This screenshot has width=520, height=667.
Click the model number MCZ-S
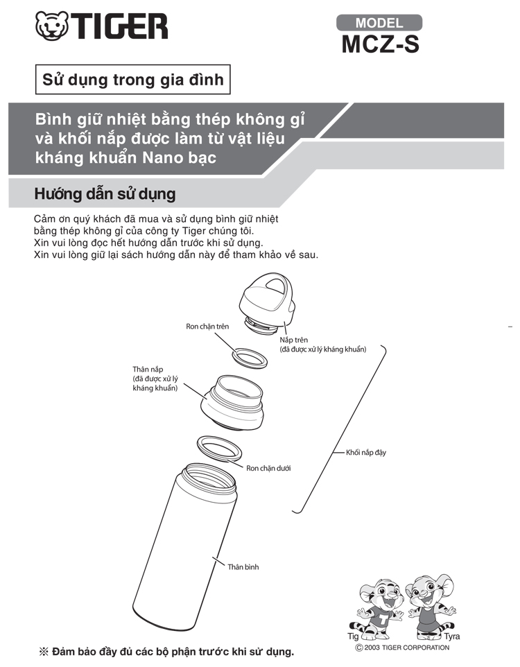click(379, 43)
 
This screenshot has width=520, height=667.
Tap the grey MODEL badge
click(379, 22)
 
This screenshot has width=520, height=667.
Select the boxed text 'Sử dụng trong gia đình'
click(133, 80)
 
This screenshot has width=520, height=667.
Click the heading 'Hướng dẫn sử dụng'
click(105, 193)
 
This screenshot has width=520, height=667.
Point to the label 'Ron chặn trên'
click(207, 326)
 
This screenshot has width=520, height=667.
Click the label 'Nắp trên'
click(294, 340)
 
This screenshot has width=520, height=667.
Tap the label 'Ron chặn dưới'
click(268, 468)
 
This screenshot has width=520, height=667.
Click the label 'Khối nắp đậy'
click(366, 453)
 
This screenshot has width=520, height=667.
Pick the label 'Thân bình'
click(243, 566)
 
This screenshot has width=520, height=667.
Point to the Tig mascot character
click(381, 608)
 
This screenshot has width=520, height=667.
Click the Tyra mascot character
click(429, 605)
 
